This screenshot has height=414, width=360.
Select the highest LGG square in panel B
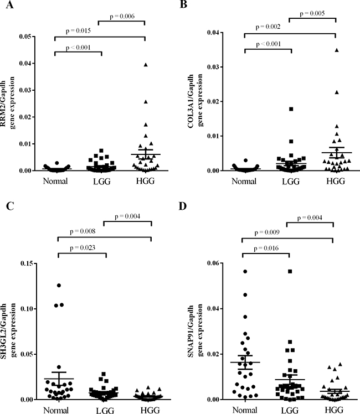click(290, 109)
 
